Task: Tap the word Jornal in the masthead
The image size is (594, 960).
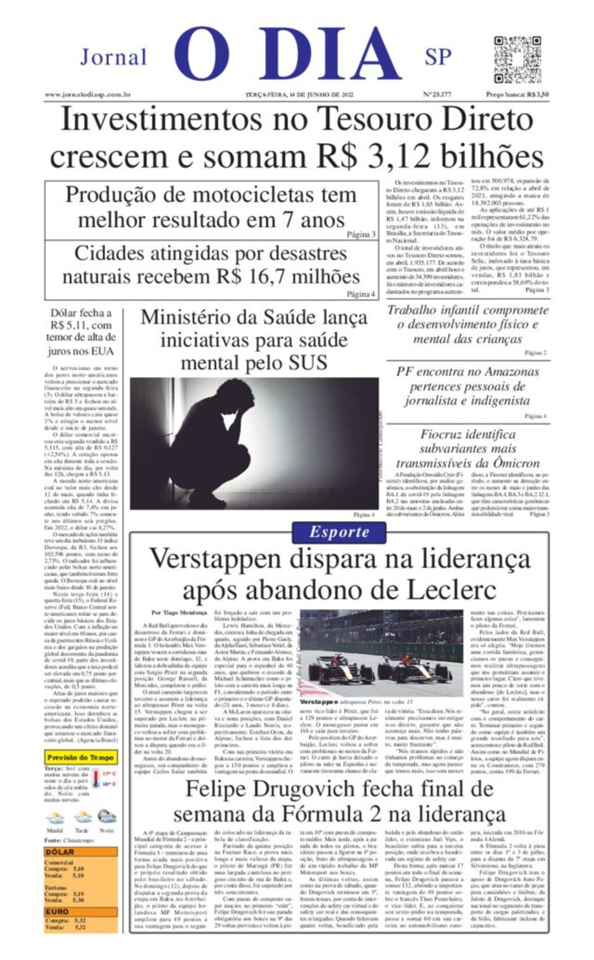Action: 113,58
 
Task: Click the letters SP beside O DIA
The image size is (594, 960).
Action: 437,57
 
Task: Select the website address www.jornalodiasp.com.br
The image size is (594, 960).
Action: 88,94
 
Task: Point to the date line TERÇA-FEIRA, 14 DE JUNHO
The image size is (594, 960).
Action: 299,94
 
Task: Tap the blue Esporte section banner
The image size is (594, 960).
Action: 339,532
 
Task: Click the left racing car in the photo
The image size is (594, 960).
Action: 341,670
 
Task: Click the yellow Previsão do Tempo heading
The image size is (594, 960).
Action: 81,757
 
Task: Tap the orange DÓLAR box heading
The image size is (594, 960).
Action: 60,852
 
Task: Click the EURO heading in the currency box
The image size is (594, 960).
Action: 57,912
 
